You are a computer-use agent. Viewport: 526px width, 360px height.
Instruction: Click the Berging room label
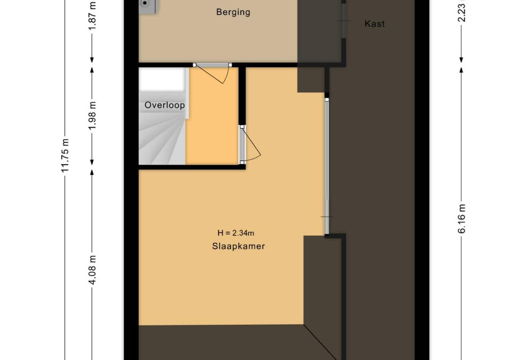pos(233,12)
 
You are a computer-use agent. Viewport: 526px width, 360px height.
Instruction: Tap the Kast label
pos(375,24)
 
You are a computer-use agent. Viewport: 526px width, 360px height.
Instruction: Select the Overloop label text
pos(165,105)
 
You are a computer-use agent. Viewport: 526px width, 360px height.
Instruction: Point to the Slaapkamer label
pos(238,246)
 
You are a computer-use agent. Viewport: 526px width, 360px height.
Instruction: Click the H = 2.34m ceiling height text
pos(236,233)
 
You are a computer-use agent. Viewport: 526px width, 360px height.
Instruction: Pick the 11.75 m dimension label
pos(65,156)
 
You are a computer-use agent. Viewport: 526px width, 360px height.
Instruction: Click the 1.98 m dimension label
pos(92,116)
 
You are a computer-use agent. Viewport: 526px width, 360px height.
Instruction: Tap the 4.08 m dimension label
pos(92,270)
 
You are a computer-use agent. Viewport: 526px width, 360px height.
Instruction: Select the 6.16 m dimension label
pos(462,219)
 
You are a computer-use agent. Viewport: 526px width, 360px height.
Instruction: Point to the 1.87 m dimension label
pos(92,15)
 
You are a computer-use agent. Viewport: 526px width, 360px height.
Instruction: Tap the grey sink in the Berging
pos(148,6)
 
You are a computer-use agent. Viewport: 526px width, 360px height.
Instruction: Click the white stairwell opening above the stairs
pos(161,79)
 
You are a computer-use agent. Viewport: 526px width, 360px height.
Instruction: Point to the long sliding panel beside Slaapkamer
pos(327,166)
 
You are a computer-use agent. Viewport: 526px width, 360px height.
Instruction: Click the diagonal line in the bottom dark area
pos(320,342)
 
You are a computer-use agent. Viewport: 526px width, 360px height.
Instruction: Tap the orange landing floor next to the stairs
pos(212,116)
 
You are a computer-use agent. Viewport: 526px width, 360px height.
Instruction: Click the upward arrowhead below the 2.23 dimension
pos(461,70)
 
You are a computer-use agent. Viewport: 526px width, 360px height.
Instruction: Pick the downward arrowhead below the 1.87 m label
pos(92,60)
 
